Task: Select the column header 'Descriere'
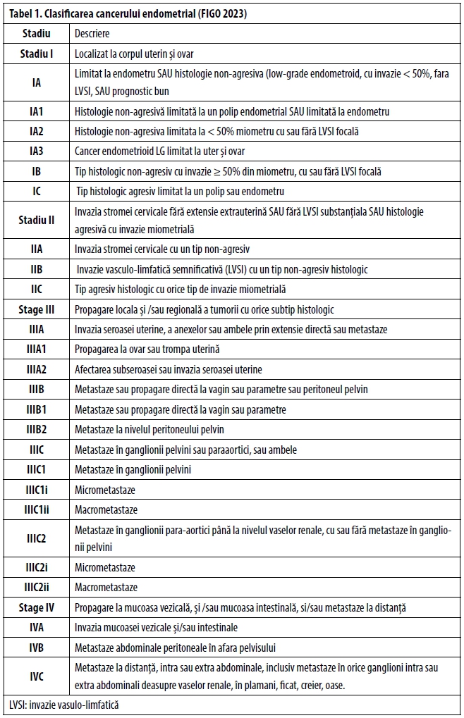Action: (x=92, y=33)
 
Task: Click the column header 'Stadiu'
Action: (x=36, y=33)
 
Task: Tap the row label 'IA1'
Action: (x=37, y=111)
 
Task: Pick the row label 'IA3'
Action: (x=37, y=151)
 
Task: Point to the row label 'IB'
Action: (x=37, y=171)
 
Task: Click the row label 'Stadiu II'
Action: (x=37, y=220)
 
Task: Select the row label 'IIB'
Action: (x=37, y=269)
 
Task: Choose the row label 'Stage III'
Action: (x=37, y=309)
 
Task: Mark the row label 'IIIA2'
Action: (x=37, y=369)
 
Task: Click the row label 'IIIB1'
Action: (x=37, y=409)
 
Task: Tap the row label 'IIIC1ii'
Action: (x=37, y=509)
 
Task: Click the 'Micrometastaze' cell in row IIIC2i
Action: (x=105, y=567)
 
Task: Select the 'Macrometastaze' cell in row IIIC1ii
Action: (x=106, y=509)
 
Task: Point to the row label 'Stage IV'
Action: (x=37, y=607)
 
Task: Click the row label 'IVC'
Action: (x=37, y=676)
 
